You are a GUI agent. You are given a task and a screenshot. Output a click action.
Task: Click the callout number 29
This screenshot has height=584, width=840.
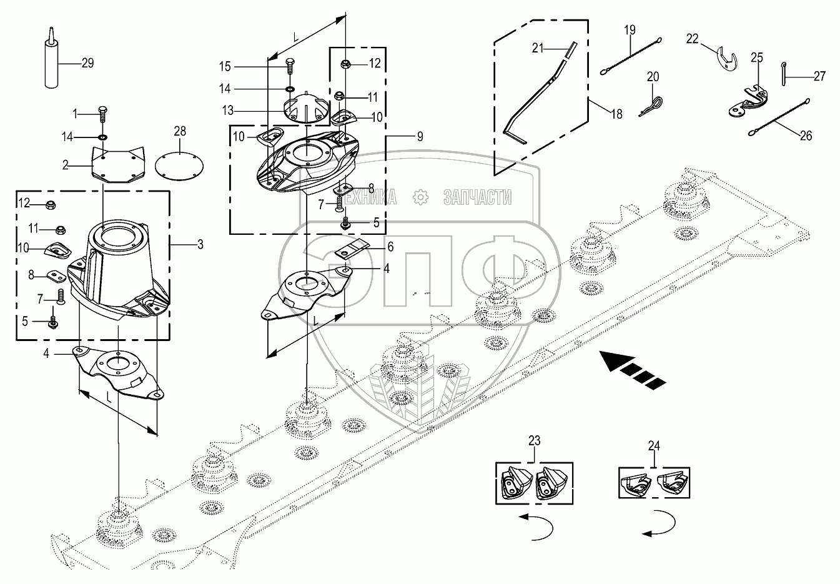tap(88, 63)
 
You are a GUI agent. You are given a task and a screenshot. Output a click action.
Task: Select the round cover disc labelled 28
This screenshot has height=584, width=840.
tap(179, 164)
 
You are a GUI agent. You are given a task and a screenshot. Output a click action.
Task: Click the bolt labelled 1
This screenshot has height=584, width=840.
tap(102, 114)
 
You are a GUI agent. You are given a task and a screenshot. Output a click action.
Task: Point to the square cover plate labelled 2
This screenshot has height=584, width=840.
tap(118, 164)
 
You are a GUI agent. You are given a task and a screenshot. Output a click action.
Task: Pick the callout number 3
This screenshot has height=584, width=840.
tap(200, 245)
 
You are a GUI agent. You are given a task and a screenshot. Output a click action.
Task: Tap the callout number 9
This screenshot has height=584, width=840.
tap(420, 137)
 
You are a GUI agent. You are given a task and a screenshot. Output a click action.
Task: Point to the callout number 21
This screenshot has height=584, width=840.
tap(538, 48)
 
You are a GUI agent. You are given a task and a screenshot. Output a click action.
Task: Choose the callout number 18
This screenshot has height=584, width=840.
tap(616, 114)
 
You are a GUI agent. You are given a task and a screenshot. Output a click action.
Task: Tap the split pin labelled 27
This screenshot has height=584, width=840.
tap(783, 74)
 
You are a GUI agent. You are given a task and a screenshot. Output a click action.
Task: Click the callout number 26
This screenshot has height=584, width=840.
tap(806, 136)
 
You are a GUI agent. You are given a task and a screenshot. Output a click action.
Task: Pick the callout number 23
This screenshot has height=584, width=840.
tap(535, 440)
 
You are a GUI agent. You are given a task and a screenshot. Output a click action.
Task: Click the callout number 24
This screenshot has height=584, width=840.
tap(654, 445)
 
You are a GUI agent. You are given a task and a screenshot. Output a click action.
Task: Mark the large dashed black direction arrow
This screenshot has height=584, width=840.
tap(632, 370)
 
